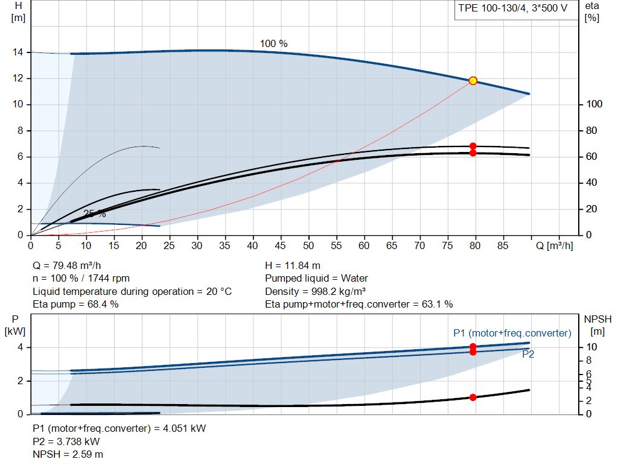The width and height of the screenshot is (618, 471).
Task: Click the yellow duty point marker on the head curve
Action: [473, 81]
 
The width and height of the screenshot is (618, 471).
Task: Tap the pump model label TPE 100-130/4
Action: [492, 8]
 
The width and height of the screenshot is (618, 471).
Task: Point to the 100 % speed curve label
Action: [273, 43]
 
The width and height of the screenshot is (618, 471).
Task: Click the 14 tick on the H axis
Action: [18, 52]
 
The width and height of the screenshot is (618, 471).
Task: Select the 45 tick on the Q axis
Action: [280, 245]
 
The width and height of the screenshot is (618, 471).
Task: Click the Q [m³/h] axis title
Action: [554, 245]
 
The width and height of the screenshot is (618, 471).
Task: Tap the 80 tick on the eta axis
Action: [591, 130]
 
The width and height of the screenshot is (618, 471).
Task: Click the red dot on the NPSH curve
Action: [473, 397]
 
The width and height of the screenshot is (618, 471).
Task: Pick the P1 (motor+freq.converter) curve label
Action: [512, 333]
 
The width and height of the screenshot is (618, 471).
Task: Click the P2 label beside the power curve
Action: [528, 354]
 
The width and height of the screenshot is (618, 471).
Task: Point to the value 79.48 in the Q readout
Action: [65, 266]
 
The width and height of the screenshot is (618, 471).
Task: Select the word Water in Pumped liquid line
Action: [354, 279]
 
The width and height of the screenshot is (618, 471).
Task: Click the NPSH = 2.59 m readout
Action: [68, 455]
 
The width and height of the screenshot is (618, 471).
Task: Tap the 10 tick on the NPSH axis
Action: [591, 347]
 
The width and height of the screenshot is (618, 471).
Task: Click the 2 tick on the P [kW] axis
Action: [20, 381]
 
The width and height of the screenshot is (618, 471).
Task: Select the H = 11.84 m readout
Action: [293, 266]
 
